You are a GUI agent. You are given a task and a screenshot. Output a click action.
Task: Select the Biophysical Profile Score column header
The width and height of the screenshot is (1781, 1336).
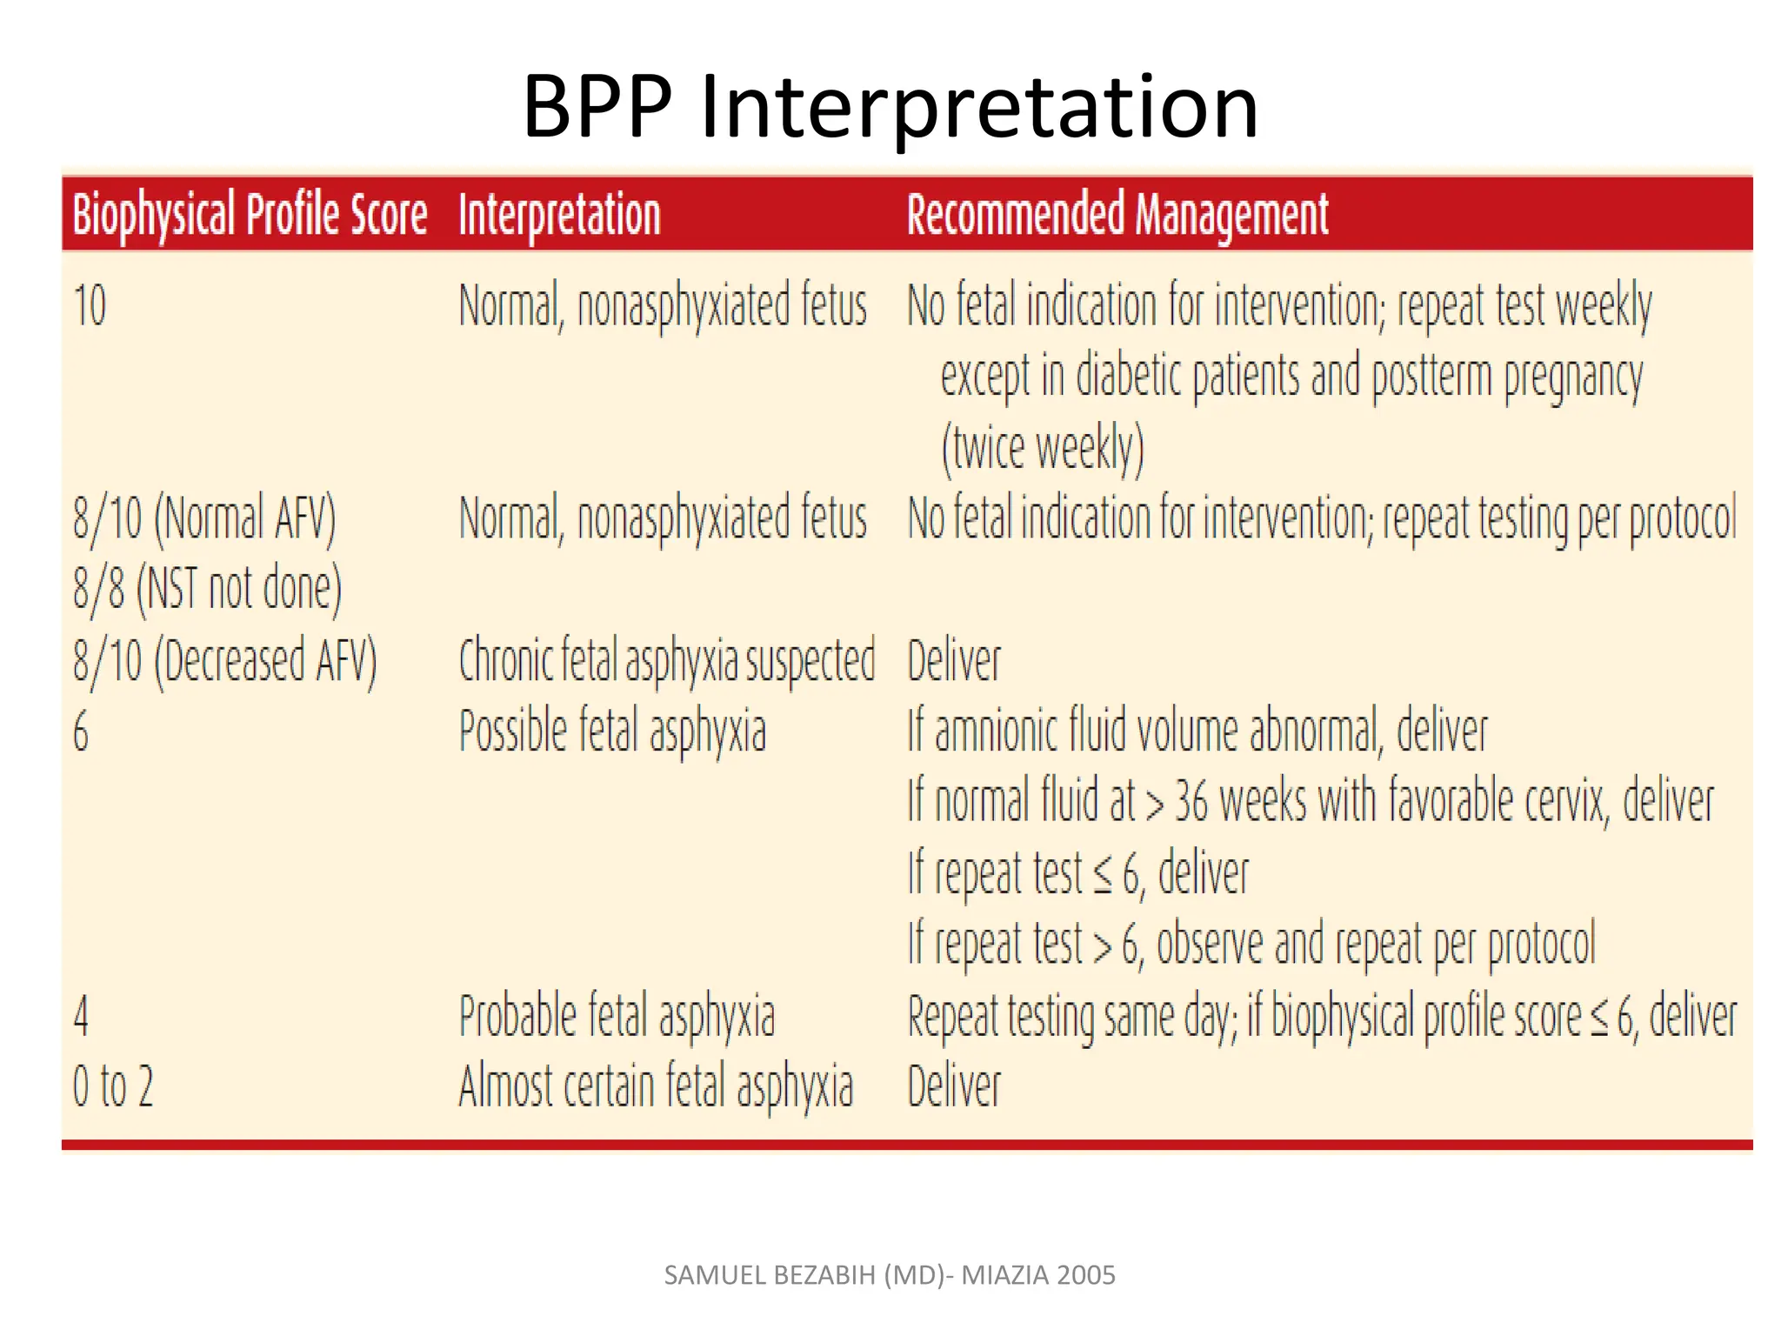tap(250, 214)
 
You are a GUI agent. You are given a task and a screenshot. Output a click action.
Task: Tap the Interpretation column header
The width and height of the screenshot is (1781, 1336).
tap(559, 214)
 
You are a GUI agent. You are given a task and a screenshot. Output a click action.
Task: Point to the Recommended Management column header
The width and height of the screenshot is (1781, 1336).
tap(1117, 214)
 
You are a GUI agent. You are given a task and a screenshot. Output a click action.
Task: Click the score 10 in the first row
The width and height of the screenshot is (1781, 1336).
tap(90, 306)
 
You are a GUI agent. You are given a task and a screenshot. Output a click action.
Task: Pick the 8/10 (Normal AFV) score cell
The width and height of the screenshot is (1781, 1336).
tap(204, 518)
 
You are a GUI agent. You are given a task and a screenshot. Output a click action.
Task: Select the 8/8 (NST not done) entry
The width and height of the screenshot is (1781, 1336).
tap(207, 589)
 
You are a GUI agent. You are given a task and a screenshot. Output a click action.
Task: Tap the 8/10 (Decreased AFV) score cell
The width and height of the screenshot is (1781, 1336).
tap(225, 660)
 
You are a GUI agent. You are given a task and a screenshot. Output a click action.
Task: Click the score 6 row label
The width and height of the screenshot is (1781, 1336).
tap(81, 731)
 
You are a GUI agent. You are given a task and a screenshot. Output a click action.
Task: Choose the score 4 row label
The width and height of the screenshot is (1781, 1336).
tap(81, 1015)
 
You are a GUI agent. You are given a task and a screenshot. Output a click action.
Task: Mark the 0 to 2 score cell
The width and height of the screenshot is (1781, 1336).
tap(113, 1086)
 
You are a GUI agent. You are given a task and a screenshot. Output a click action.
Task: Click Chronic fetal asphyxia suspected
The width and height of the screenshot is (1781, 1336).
tap(666, 660)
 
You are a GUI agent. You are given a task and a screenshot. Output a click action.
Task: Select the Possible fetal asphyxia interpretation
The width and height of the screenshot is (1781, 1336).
tap(612, 731)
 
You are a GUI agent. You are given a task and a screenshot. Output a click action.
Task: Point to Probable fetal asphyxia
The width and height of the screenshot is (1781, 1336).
tap(617, 1015)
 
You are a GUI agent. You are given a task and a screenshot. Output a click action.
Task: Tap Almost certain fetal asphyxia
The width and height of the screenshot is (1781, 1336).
tap(656, 1086)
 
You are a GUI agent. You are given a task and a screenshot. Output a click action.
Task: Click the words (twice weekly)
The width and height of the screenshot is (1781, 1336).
tap(1042, 449)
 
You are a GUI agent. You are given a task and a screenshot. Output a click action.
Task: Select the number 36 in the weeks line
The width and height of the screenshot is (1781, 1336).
tap(1191, 801)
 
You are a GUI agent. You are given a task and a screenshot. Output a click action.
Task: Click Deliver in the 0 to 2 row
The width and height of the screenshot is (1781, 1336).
tap(954, 1086)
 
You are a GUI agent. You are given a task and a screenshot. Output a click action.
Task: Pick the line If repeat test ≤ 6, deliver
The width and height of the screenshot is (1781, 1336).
tap(1078, 872)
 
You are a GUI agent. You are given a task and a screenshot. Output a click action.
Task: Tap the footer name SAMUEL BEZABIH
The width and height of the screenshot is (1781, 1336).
tap(770, 1275)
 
